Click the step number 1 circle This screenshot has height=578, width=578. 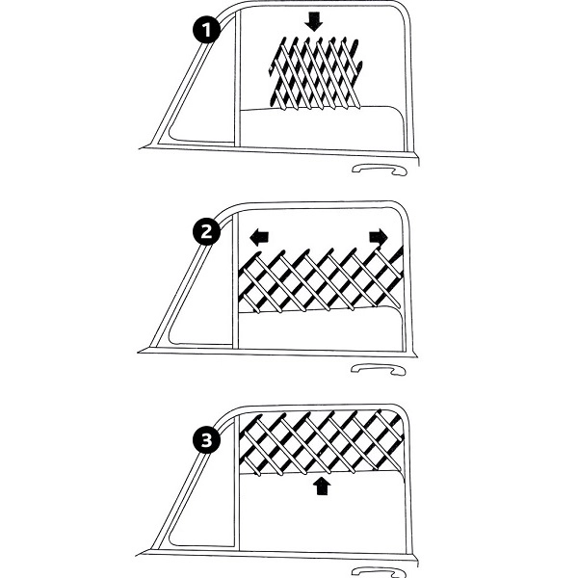point(206,29)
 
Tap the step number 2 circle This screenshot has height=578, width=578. point(206,231)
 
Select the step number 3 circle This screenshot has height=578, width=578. point(206,440)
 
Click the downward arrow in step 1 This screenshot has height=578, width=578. point(314,21)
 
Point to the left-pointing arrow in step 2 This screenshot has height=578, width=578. point(259,238)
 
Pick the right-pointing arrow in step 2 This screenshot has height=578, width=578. point(379,236)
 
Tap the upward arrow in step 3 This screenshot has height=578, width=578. point(322,486)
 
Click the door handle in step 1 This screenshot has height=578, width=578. point(380,170)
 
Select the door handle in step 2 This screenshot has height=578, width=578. point(379,369)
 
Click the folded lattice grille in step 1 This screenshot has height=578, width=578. point(315,73)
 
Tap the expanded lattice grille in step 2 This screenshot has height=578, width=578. point(321,280)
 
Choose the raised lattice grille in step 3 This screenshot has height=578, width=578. point(322,442)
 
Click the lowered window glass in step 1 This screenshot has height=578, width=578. point(322,127)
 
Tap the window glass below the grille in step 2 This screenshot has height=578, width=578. point(320,329)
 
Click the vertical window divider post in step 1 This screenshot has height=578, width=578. point(237,78)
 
